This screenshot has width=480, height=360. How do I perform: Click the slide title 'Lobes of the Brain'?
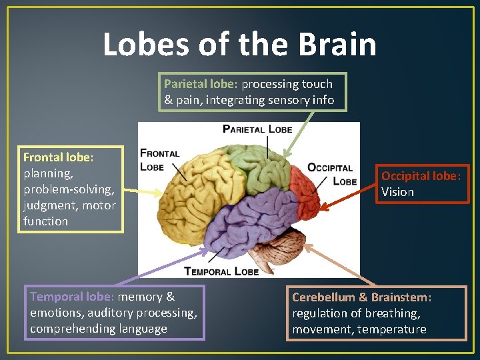tap(239, 44)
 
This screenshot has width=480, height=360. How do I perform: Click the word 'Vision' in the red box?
tap(397, 192)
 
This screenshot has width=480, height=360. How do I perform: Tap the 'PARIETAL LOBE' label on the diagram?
tap(257, 129)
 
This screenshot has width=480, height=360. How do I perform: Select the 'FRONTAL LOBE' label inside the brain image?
tap(160, 160)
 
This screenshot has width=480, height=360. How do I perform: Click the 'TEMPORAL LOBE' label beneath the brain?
tap(221, 271)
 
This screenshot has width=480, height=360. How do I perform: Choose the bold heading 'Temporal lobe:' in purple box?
tap(72, 297)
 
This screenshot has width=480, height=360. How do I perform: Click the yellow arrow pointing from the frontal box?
tap(144, 191)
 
